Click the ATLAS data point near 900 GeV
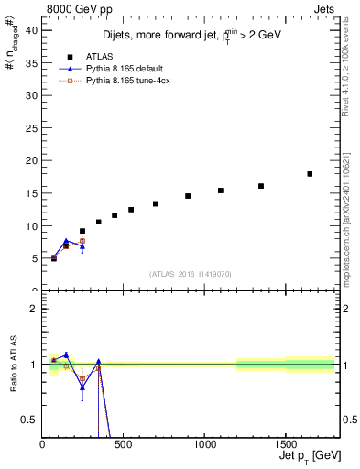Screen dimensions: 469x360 pos(188,196)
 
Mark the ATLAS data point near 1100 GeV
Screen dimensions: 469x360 pos(221,191)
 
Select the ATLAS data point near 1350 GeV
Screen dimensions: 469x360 pos(261,186)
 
